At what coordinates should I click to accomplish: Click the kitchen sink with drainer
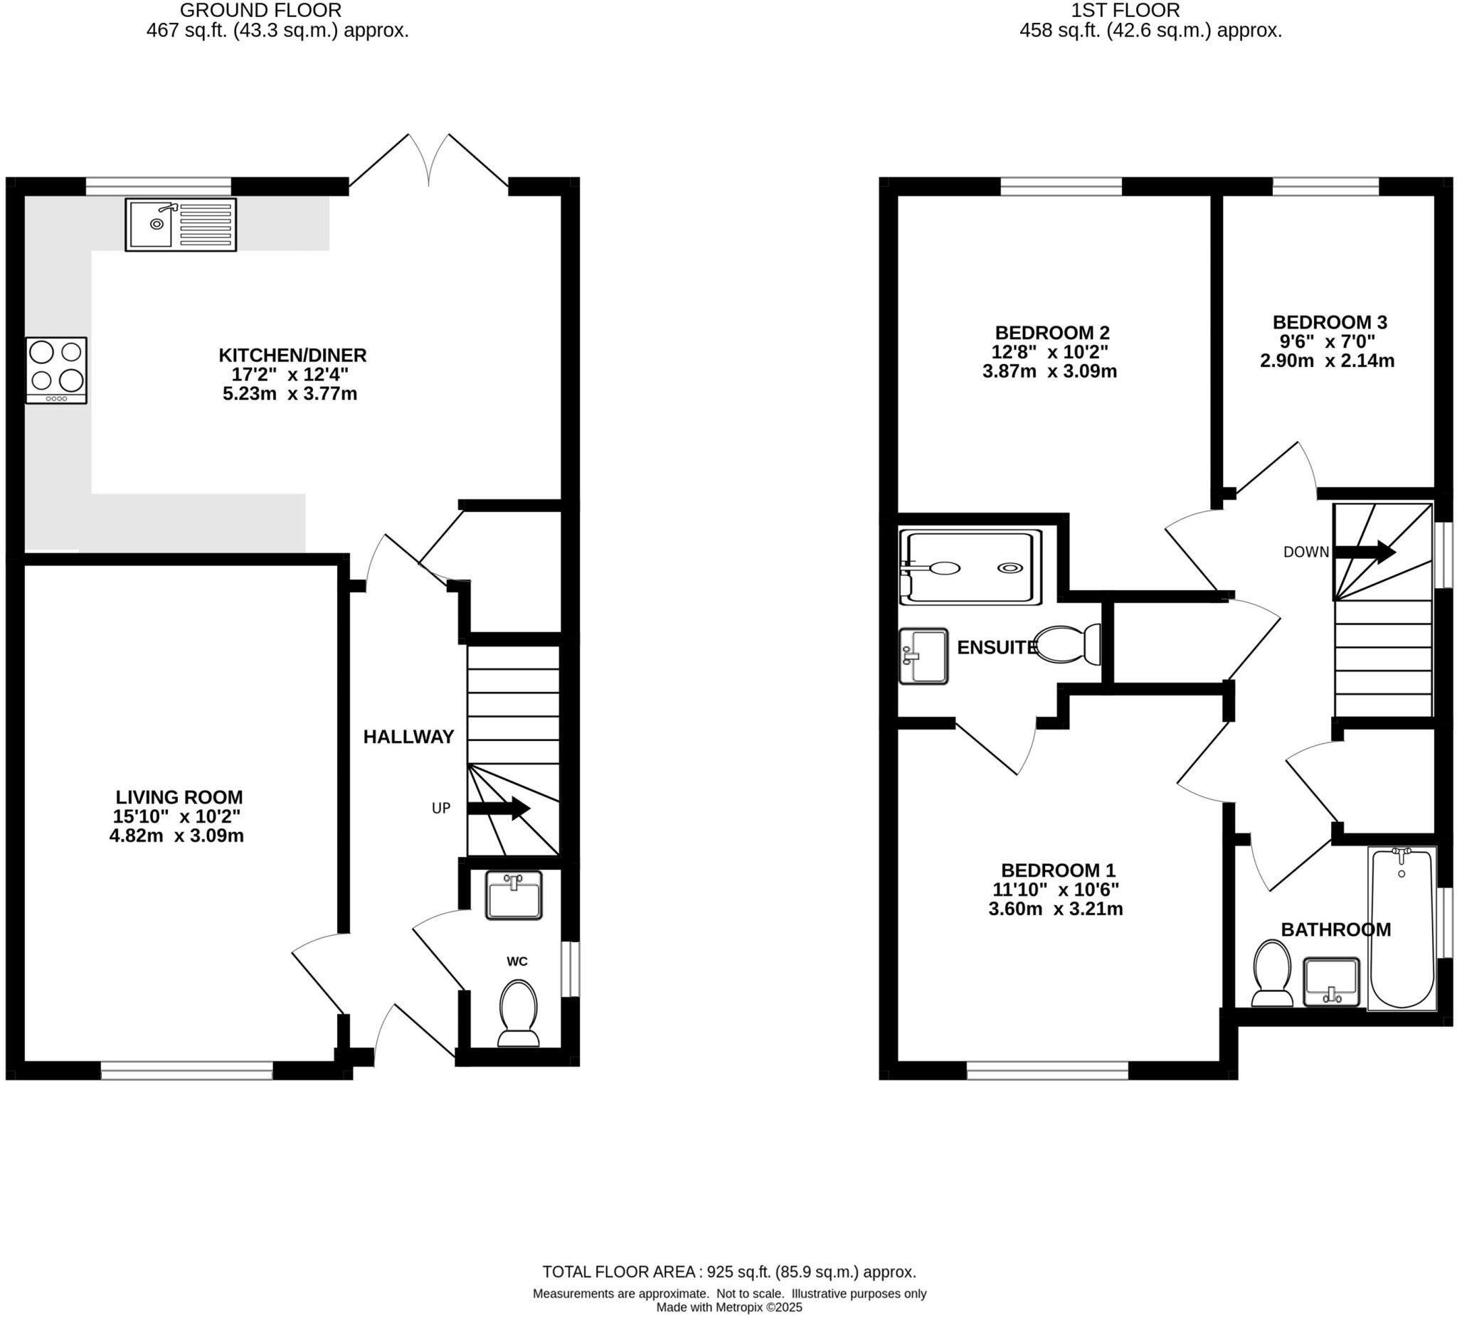coord(181,225)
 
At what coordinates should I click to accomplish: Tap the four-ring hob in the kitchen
coord(56,370)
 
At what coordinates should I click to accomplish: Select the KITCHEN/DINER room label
coord(292,356)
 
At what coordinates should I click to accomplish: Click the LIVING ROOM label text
coord(179,797)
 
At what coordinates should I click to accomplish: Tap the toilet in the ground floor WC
coord(518,1013)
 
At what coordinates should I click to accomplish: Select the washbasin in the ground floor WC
coord(514,895)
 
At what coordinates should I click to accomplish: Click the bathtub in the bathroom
coord(1402,928)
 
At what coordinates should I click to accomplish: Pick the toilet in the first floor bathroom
coord(1272,973)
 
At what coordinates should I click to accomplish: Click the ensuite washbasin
coord(923,655)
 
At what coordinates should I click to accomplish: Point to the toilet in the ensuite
coord(1068,644)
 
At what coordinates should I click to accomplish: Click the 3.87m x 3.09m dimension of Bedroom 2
coord(1049,372)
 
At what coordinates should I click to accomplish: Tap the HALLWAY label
coord(408,737)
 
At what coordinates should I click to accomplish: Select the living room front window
coord(186,1071)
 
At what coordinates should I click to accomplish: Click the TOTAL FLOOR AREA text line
coord(729,1271)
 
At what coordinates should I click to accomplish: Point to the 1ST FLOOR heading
coord(1125,10)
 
